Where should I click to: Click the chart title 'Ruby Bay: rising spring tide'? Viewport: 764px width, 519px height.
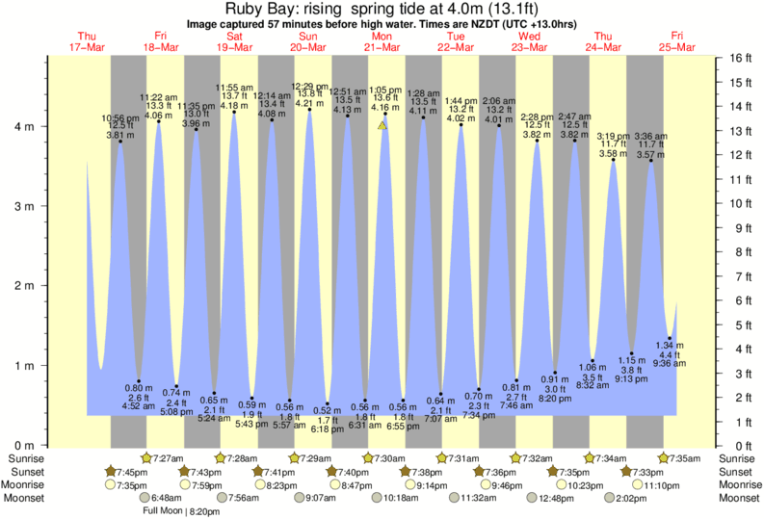point(382,12)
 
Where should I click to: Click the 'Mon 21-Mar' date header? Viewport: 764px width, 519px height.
point(382,41)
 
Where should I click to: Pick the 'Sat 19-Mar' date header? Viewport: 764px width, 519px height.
point(234,41)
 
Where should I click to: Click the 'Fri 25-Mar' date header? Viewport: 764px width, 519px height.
point(677,41)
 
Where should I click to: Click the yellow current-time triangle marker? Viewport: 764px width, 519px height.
point(382,125)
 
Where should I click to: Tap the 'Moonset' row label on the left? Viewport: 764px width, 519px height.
point(23,498)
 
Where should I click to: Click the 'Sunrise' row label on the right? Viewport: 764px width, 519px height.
point(739,457)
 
